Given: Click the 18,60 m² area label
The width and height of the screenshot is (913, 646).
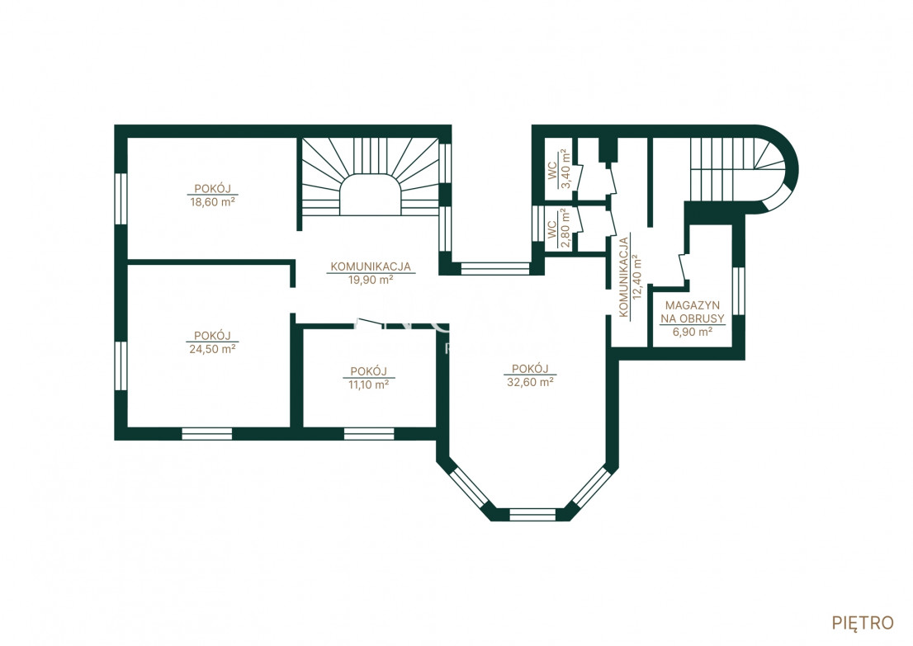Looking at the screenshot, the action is coord(212,202).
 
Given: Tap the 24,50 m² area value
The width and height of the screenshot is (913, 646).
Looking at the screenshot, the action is coord(212,349).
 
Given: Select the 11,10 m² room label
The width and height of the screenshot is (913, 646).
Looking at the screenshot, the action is coord(368,384).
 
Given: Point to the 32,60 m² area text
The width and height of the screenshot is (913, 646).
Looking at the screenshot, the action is coord(531,382).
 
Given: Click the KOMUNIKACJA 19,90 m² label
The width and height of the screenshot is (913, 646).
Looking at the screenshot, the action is coord(371,273).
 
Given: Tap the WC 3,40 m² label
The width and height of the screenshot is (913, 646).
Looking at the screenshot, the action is coord(558,169).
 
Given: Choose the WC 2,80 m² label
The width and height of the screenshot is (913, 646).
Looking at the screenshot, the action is coord(558,229).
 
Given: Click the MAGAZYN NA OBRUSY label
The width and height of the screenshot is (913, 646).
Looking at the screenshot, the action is coord(693,312).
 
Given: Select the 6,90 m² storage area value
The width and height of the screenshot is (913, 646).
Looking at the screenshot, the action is coord(693,332).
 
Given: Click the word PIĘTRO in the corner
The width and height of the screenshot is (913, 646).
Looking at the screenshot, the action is coord(863,623).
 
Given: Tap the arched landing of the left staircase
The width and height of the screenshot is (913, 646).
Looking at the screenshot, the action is coord(370,195).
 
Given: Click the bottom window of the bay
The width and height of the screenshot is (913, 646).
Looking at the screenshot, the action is coord(532,515).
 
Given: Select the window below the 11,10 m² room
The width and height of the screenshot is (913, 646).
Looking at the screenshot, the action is coord(368,434).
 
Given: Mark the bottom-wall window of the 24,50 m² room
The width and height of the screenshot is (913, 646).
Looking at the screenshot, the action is coord(206,434).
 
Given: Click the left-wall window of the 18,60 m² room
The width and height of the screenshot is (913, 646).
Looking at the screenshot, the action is coord(121,199).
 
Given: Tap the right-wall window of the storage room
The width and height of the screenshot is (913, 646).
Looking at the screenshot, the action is coord(738,291).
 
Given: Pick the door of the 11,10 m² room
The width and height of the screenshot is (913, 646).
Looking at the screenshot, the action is coord(368,322).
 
